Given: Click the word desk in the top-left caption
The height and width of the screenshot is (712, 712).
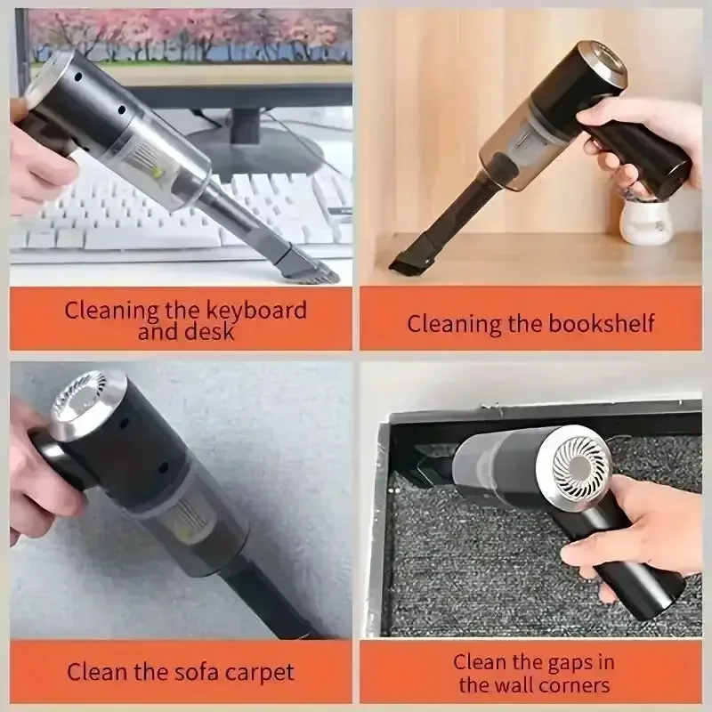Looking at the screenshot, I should coord(211,333).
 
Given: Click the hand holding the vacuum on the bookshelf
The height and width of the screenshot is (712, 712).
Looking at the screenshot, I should coord(623,142).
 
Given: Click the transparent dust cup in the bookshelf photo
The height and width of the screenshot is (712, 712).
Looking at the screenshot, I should coord(525,142).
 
